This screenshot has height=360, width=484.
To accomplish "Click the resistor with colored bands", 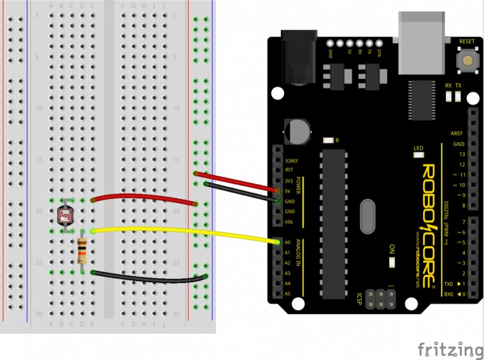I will coord(82,251).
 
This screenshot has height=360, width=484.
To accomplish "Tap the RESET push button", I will coord(467,60).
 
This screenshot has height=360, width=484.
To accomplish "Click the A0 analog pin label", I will coord(289,241).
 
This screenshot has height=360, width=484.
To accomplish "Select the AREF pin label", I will coord(457,133).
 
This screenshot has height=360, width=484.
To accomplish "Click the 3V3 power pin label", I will coord(290,181).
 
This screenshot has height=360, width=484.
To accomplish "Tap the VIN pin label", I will coord(289,222).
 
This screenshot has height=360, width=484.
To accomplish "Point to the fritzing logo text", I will coord(450,349).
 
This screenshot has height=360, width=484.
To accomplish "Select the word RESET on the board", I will coord(466,41).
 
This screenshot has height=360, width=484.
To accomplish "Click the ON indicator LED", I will coord(392,262).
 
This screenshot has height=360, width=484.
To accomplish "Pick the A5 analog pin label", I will coord(289,293).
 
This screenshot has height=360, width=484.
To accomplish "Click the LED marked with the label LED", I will coord(419,155).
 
